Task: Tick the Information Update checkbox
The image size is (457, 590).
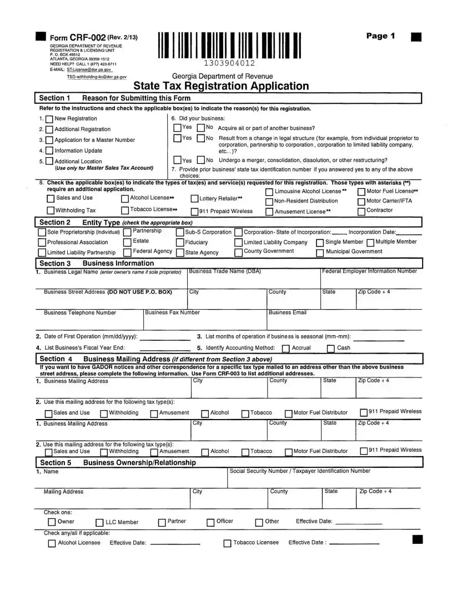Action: (x=49, y=151)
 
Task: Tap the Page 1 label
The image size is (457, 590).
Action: (x=380, y=36)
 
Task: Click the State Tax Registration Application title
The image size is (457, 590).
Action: (x=221, y=86)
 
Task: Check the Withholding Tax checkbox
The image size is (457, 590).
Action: (x=51, y=211)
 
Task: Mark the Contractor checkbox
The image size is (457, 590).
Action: (x=361, y=211)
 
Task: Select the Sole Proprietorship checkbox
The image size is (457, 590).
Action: (x=42, y=233)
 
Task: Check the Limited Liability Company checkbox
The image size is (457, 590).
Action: (x=239, y=243)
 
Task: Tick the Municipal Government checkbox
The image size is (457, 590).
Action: (x=320, y=253)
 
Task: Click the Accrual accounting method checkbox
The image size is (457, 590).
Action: (x=285, y=349)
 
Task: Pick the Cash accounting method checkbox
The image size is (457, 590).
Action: (x=331, y=349)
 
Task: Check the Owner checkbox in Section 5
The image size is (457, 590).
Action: (x=52, y=522)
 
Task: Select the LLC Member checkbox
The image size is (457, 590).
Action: (x=99, y=523)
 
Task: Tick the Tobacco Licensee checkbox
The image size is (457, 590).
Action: (x=227, y=543)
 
